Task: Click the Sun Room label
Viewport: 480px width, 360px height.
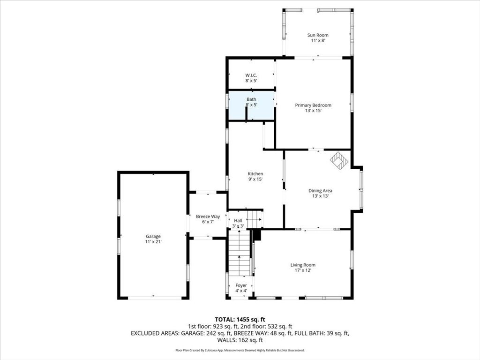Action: pos(317,35)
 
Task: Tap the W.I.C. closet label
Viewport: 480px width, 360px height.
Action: pos(251,75)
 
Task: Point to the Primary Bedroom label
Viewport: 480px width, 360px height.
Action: pos(313,105)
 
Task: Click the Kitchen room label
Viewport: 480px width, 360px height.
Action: pos(255,174)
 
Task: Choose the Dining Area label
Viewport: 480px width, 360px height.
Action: pos(320,190)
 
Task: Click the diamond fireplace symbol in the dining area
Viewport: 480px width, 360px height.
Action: pos(339,161)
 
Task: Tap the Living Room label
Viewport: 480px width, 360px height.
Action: pos(302,265)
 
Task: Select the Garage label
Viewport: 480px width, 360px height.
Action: pos(153,236)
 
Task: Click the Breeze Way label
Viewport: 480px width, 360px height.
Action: pos(208,217)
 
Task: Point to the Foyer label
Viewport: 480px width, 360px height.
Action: pos(241,285)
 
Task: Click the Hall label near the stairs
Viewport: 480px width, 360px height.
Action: pos(238,220)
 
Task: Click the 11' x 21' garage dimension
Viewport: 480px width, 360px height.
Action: pos(153,242)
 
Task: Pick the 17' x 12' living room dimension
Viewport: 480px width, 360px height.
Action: pos(302,270)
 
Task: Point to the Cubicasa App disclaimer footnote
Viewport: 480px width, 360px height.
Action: pos(240,350)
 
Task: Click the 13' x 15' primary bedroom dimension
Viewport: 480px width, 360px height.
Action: pos(313,111)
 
